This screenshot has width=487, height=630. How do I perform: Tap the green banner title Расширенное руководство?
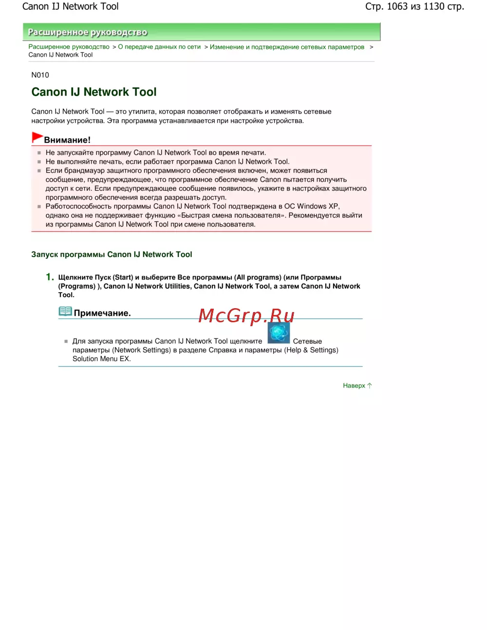click(88, 33)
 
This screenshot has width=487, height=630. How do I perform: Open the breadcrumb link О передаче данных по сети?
click(159, 47)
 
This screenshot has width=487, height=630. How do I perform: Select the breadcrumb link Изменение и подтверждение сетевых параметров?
click(287, 47)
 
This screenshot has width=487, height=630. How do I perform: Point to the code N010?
click(40, 75)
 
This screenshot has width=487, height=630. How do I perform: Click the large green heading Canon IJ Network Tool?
click(94, 92)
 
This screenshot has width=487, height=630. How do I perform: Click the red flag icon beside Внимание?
click(37, 137)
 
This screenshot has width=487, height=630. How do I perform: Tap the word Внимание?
click(67, 140)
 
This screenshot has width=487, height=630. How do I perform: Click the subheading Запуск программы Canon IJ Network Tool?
click(112, 255)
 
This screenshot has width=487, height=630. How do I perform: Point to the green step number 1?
click(49, 277)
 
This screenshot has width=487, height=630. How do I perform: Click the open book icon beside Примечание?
click(65, 312)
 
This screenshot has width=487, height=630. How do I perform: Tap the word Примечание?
click(102, 313)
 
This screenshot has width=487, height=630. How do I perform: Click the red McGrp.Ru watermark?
click(246, 316)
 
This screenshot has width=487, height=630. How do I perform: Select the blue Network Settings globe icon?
click(279, 334)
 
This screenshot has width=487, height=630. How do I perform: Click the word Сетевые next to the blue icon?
click(307, 341)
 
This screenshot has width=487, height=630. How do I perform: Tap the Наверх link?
click(354, 386)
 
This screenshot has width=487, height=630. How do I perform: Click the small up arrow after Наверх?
click(370, 386)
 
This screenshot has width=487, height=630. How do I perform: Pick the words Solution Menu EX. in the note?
click(102, 359)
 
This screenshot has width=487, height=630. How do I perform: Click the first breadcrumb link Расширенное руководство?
click(69, 47)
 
